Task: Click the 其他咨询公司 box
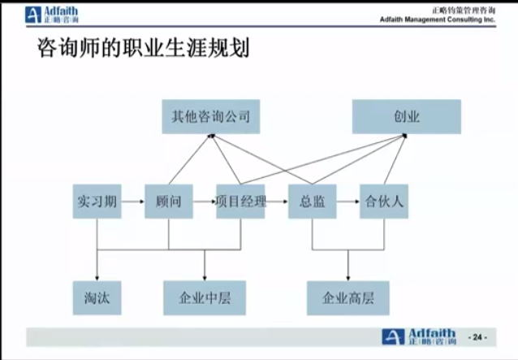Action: (x=211, y=117)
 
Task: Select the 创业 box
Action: (x=407, y=117)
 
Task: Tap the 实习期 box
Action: (x=97, y=202)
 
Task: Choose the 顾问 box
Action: (x=169, y=202)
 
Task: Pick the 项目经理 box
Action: (x=240, y=202)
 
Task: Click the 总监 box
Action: (x=313, y=202)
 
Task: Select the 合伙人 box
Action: (x=384, y=202)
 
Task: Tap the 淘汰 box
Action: (x=97, y=298)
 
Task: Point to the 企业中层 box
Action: (x=205, y=298)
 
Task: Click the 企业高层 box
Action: (x=348, y=298)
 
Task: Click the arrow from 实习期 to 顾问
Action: (x=133, y=202)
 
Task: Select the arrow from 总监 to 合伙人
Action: (x=348, y=202)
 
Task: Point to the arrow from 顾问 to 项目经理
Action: (x=205, y=202)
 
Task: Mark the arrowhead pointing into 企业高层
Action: (x=348, y=279)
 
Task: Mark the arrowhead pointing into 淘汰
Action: (x=97, y=279)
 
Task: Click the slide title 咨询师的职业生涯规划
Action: (x=144, y=48)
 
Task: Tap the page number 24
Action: (x=477, y=337)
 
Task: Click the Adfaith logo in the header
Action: (x=52, y=15)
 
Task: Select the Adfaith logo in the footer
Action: (x=420, y=337)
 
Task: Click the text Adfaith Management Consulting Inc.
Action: (x=438, y=20)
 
